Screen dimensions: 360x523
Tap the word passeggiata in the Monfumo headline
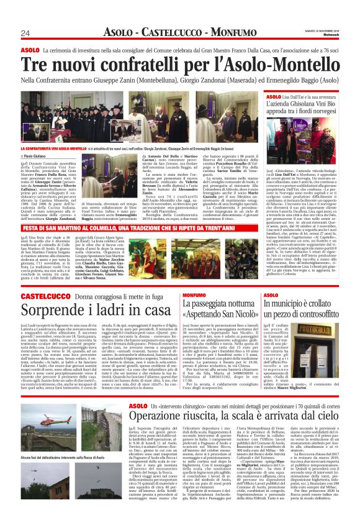tap(213, 303)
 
